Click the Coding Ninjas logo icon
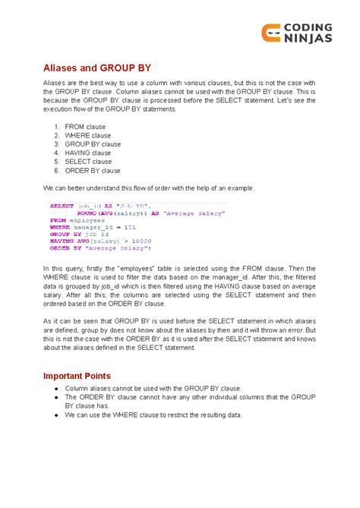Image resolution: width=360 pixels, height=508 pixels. point(271,33)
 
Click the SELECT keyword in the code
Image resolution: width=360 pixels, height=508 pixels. point(62,206)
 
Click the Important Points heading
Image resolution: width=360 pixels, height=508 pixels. point(77,375)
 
